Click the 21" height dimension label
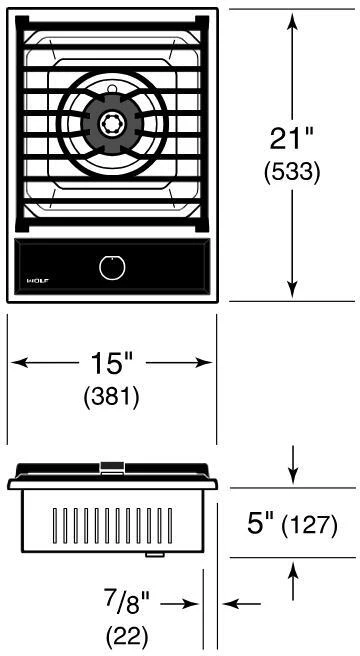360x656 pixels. coord(291,138)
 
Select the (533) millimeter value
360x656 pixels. coord(292,172)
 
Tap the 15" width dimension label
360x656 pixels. coord(111,363)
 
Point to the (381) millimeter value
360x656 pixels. coord(111,396)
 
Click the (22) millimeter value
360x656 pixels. coord(127,637)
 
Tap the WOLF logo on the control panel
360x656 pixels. coord(38,280)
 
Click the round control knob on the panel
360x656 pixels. coord(113,268)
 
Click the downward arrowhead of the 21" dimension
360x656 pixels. coord(292,289)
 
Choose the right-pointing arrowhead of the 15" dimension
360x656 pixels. coord(202,363)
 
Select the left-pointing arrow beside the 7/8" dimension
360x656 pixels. coord(242,604)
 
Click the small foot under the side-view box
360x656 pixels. coord(154,555)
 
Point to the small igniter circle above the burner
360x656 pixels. coord(112,89)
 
